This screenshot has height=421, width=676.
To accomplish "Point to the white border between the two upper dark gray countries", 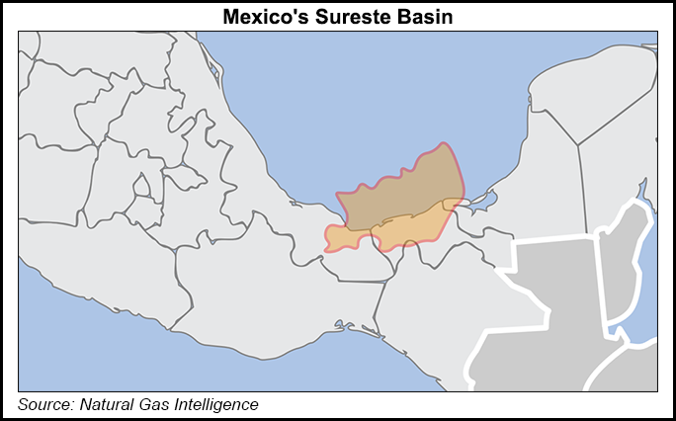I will coord(599,287).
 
